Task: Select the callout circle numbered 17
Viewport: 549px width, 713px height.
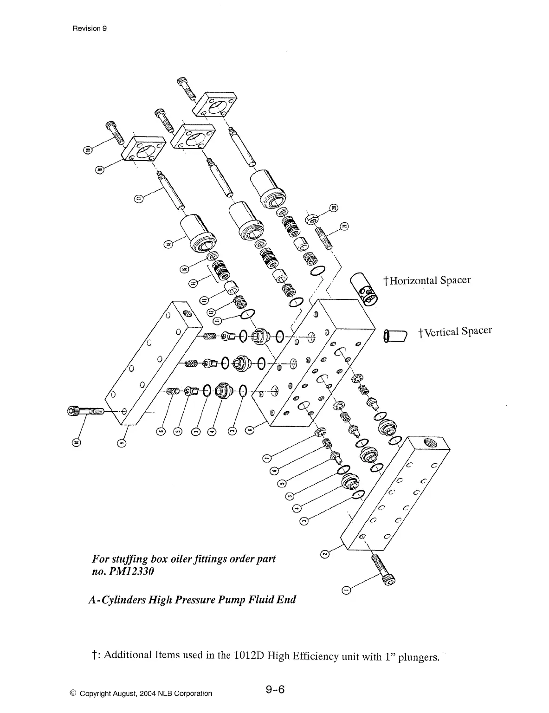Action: (x=138, y=199)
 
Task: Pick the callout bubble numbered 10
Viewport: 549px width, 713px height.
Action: (x=77, y=441)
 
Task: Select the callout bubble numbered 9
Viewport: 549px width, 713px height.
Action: (x=122, y=441)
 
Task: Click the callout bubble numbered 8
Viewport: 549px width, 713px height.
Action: (x=251, y=429)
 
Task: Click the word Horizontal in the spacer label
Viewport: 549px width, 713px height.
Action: (x=413, y=281)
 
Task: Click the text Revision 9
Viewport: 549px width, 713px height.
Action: (x=90, y=28)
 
